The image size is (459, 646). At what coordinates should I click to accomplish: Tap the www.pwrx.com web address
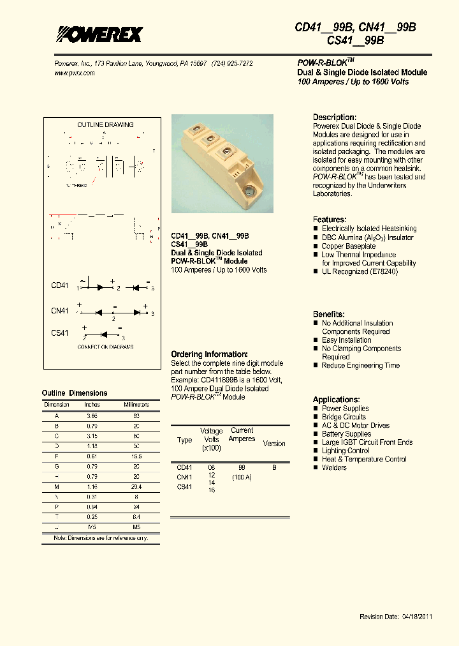click(73, 73)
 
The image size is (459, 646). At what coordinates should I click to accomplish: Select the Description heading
click(334, 117)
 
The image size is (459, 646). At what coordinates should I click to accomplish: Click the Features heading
click(330, 220)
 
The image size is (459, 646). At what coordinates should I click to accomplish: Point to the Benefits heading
click(328, 315)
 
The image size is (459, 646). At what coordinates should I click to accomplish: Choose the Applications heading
click(336, 400)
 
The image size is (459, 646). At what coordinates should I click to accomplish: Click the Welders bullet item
click(334, 468)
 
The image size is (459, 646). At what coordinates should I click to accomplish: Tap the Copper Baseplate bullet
click(349, 246)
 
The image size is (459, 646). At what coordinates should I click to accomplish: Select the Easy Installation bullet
click(346, 340)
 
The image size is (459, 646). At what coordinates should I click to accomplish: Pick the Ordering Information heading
click(208, 354)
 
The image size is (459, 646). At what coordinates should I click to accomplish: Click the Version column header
click(274, 444)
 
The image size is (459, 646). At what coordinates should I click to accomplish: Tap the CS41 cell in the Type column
click(184, 487)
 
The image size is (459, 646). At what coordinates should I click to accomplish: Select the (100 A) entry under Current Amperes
click(242, 477)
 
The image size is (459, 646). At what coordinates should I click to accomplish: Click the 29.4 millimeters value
click(136, 486)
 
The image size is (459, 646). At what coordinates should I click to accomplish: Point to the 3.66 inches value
click(92, 416)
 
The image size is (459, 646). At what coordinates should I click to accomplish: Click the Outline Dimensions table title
click(75, 393)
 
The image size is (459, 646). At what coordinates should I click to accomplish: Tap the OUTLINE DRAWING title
click(105, 124)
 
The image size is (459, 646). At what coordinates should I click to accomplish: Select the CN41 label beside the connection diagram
click(60, 311)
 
